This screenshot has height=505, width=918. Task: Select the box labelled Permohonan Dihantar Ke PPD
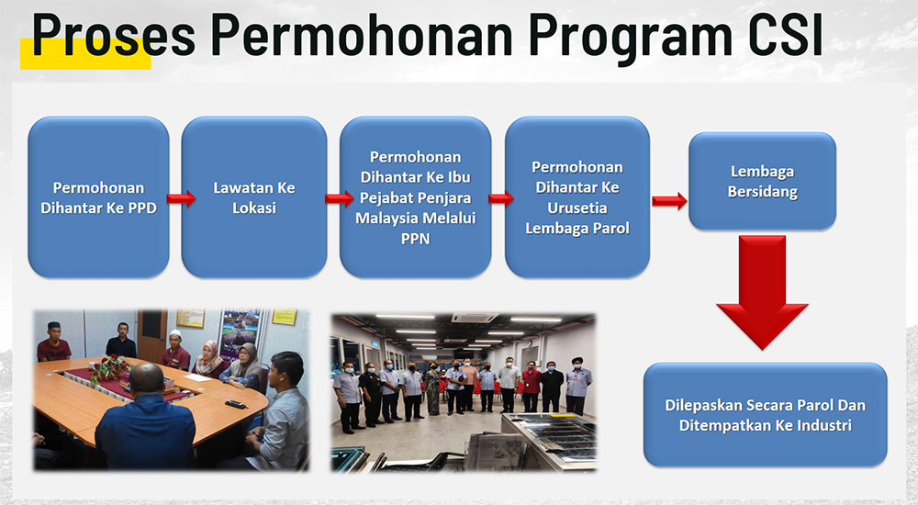tap(98, 197)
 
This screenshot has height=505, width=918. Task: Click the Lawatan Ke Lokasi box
tap(254, 197)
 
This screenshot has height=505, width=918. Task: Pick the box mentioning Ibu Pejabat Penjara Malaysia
tap(415, 197)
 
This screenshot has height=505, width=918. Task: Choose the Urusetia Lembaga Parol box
tap(577, 197)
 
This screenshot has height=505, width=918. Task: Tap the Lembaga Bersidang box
tap(762, 181)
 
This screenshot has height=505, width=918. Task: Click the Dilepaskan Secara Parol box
tap(766, 415)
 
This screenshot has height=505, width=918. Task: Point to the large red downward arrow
tap(762, 292)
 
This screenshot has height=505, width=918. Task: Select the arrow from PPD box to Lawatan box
tap(181, 199)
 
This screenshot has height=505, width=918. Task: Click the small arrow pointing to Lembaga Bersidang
tap(669, 201)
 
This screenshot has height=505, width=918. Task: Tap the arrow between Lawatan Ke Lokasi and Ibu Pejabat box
tap(340, 199)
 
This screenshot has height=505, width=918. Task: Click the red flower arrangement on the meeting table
tap(109, 368)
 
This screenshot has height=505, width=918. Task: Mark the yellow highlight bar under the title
tap(85, 54)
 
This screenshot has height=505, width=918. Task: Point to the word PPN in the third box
tap(415, 239)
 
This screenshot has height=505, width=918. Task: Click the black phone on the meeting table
tap(235, 404)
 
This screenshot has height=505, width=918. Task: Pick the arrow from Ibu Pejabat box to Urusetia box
tap(501, 199)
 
